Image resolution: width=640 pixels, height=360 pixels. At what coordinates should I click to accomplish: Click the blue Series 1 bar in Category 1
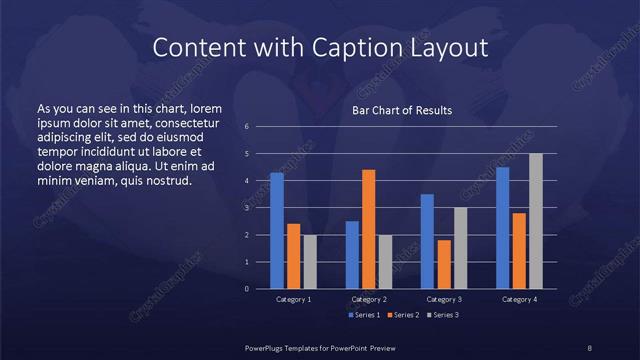coord(277,231)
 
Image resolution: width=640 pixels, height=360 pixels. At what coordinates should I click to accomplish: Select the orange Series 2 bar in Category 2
coord(368,229)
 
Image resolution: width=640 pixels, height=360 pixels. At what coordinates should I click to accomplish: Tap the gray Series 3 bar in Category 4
coord(536,221)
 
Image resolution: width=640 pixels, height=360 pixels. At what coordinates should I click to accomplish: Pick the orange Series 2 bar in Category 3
coord(444,264)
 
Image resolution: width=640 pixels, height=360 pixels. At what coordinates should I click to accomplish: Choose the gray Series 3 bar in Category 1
coord(310,262)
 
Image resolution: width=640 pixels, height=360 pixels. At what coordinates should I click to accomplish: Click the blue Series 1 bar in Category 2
coord(352,255)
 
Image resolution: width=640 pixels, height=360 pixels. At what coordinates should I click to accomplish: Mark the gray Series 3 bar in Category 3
coord(460,248)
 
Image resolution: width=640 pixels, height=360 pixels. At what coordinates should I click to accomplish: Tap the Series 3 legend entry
coord(444,315)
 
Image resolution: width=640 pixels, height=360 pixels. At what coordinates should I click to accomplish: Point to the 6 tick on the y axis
coord(246,127)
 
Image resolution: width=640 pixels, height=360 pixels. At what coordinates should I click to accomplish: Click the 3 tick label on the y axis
coord(246,208)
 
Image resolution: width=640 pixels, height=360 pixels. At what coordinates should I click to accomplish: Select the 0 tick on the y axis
coord(246,289)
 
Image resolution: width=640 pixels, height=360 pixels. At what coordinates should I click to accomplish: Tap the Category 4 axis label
coord(519,299)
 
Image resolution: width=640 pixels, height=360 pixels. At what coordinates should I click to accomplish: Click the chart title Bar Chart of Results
coord(402,110)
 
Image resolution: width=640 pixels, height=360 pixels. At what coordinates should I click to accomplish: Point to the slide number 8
coord(590,347)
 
